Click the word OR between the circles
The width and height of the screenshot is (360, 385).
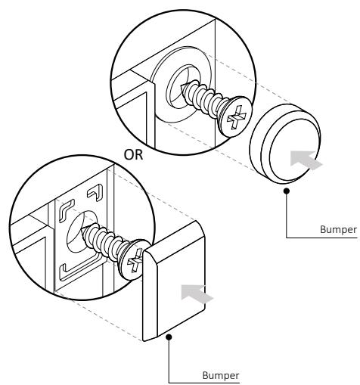133,154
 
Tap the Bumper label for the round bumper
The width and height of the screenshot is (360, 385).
338,229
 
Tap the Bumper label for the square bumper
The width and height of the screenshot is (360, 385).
221,375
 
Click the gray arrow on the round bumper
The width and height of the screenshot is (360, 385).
306,160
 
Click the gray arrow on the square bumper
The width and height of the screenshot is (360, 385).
197,293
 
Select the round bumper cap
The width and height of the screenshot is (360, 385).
285,144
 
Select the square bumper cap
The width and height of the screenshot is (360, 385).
174,281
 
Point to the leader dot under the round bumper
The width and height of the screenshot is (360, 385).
287,191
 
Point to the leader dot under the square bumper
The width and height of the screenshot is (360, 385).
169,337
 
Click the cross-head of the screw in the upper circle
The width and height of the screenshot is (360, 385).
236,116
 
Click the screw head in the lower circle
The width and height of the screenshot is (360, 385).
135,259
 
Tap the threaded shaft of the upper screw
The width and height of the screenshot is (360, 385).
203,100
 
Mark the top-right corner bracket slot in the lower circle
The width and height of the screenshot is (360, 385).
97,192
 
